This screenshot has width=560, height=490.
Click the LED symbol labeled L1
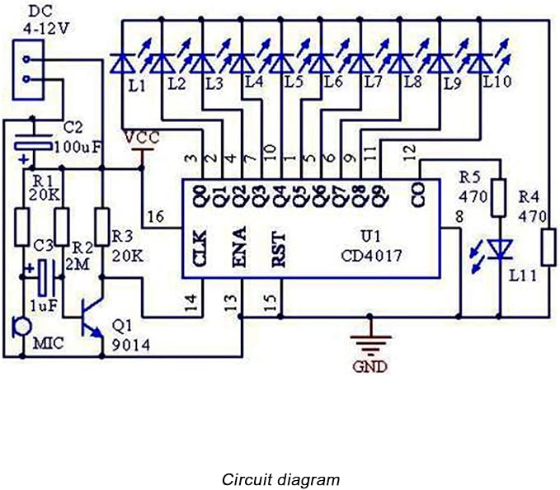[122, 63]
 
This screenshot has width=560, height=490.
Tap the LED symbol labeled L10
[479, 63]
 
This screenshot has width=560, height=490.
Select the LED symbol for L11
[498, 248]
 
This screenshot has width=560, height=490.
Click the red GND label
[369, 366]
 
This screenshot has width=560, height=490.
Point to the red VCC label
[143, 137]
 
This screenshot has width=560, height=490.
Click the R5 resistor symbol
[498, 199]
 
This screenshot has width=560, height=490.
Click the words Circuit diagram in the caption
[280, 479]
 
